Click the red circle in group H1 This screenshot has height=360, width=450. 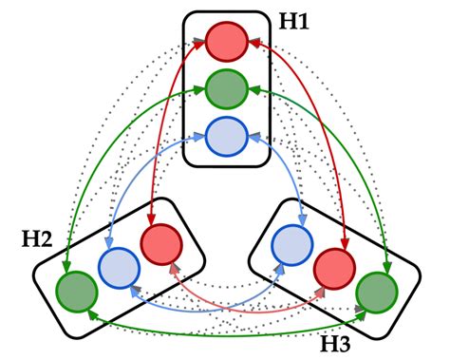tap(226, 42)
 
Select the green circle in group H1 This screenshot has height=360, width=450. tap(226, 89)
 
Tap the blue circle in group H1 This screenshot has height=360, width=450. tap(226, 136)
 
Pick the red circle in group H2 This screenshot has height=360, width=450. tap(159, 244)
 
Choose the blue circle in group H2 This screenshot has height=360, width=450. tap(118, 267)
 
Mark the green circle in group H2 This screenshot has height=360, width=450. tap(75, 290)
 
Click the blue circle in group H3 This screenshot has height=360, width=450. tap(292, 244)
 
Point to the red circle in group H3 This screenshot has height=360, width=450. tap(334, 267)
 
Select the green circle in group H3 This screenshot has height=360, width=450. tap(376, 290)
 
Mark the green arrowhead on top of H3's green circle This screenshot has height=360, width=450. tap(384, 268)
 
